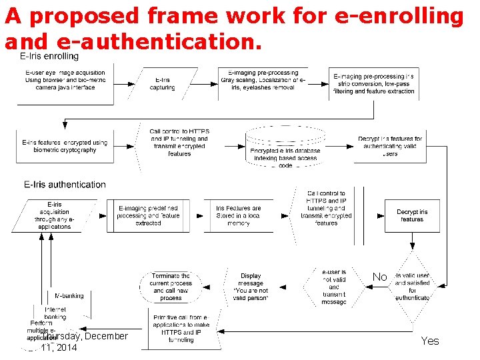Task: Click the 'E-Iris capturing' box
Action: (x=162, y=83)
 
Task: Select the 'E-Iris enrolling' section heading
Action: (x=49, y=57)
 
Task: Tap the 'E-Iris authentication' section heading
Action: (x=65, y=184)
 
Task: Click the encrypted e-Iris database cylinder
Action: (x=285, y=148)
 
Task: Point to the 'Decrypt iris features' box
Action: (x=412, y=215)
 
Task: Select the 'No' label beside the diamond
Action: (x=379, y=277)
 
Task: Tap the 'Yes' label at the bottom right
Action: (x=430, y=341)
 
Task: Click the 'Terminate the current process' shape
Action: (x=171, y=287)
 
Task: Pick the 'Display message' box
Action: (x=251, y=287)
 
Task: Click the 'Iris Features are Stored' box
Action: (x=238, y=215)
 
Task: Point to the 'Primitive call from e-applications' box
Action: (x=181, y=329)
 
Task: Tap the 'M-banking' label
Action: (x=69, y=295)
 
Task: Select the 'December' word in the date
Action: (x=105, y=336)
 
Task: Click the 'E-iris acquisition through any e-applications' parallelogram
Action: (x=55, y=215)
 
